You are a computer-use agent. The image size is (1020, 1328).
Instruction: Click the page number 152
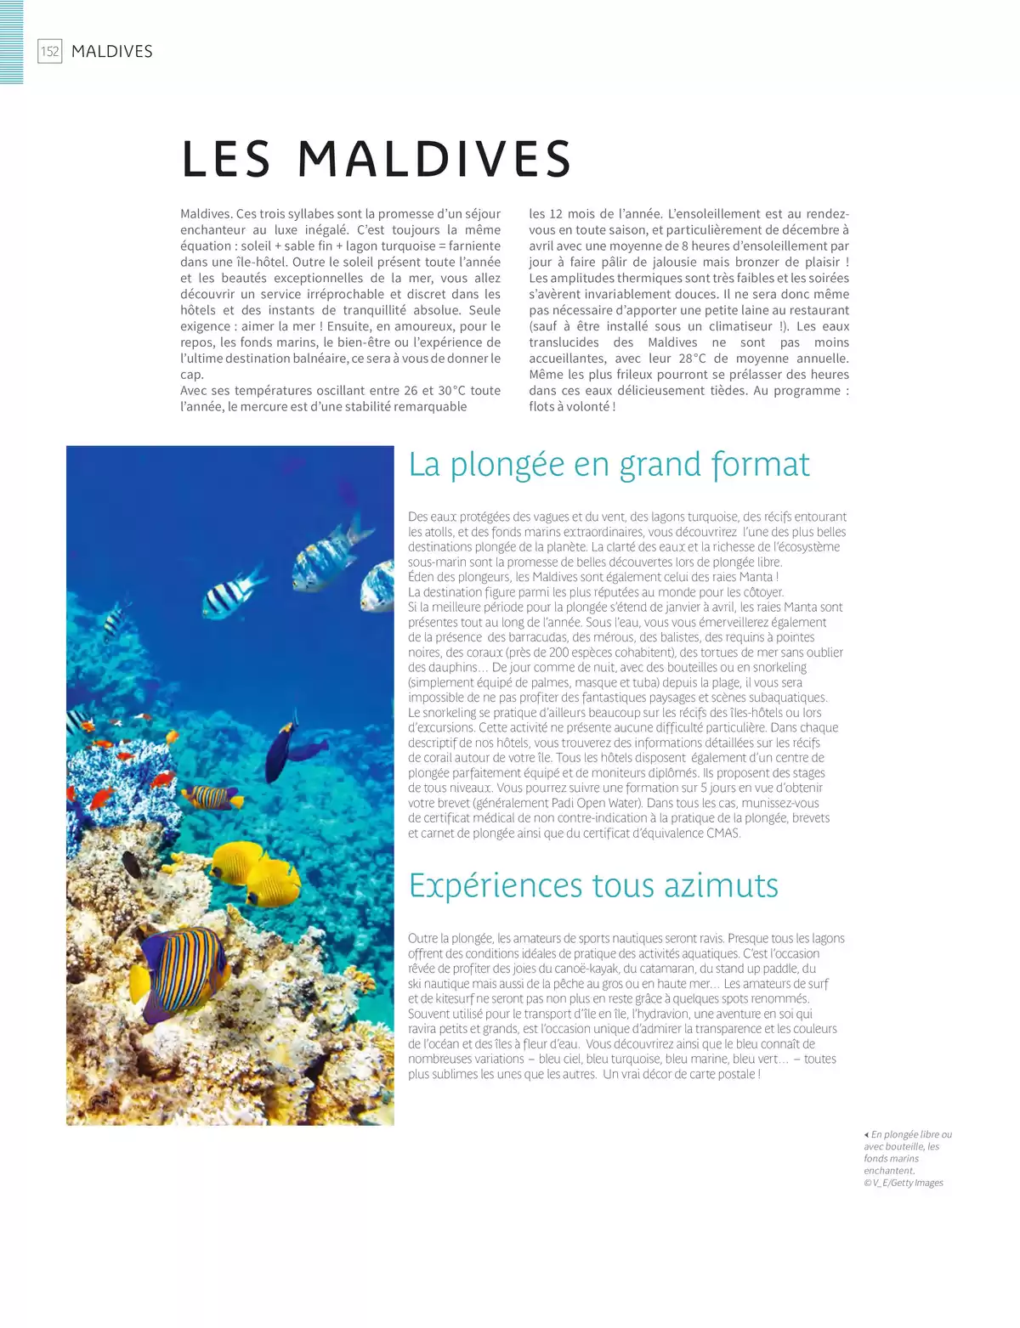50,52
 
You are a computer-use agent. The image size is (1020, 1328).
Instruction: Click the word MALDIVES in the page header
112,52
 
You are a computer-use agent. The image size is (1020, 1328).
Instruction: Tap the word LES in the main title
226,159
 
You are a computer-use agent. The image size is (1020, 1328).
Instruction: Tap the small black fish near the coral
133,866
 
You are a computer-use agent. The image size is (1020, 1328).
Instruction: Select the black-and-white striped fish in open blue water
231,595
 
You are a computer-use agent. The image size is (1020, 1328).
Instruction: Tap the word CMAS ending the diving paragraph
722,834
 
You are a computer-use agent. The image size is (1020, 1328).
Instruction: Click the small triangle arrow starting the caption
866,1135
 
